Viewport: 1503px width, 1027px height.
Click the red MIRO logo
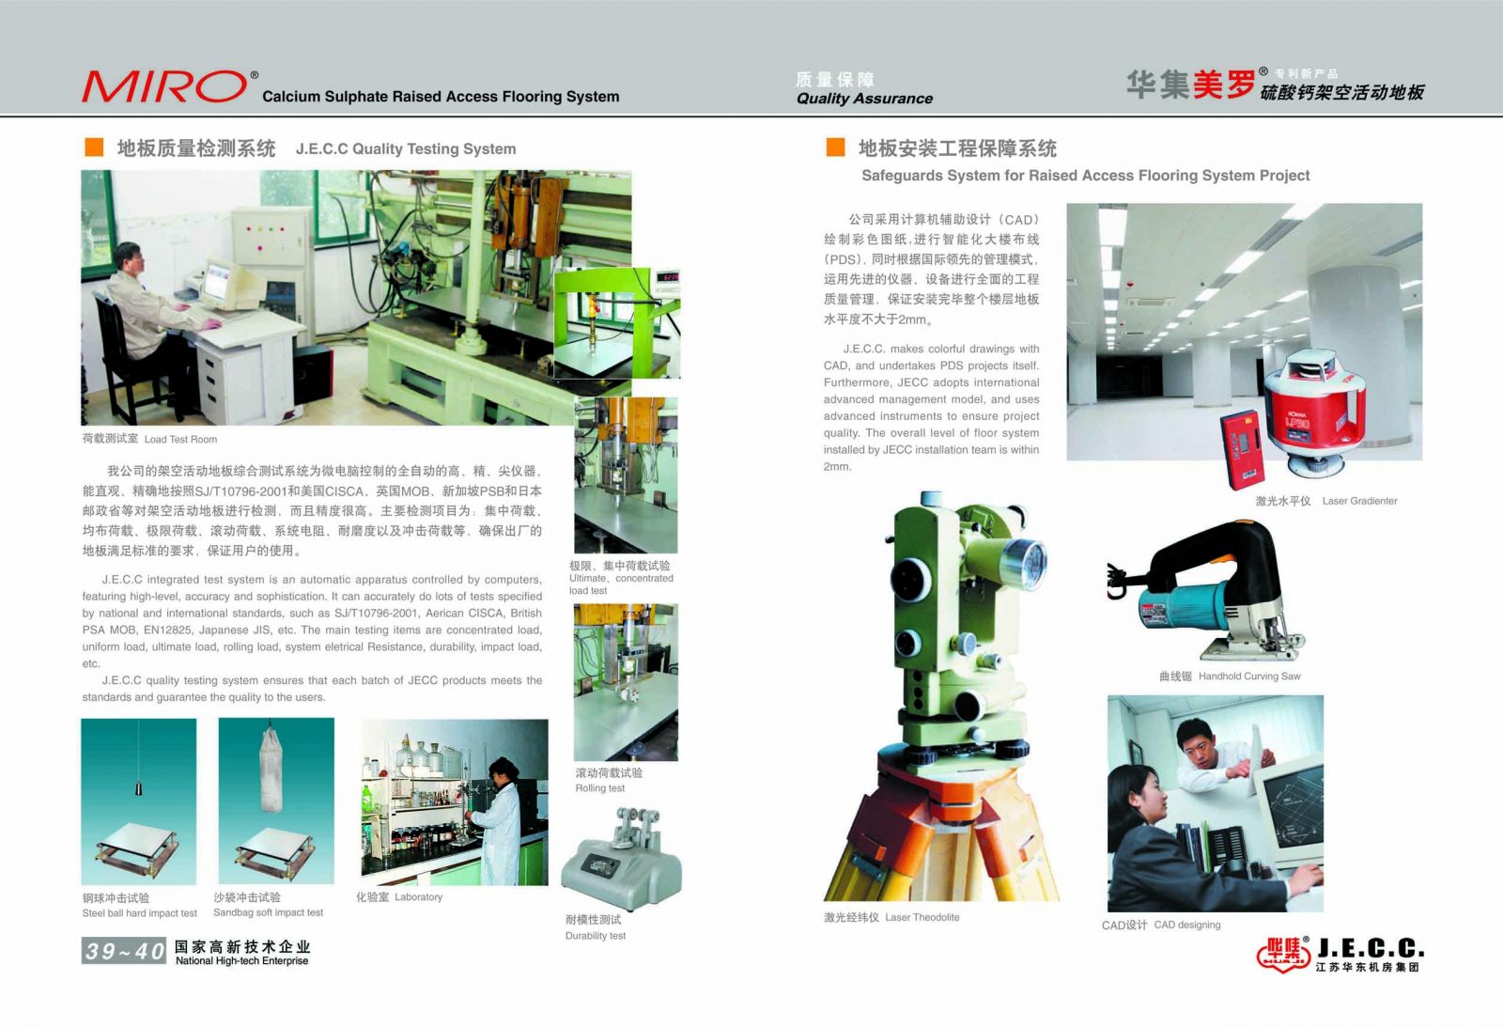tap(165, 86)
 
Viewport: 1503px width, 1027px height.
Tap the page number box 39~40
tap(123, 951)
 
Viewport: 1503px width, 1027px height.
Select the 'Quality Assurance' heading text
tap(864, 99)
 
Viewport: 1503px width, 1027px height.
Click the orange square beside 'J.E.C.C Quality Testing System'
tap(94, 147)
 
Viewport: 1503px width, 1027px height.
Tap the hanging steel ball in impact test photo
tap(138, 788)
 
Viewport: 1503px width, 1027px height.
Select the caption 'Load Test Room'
tap(180, 440)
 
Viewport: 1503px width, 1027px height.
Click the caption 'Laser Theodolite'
tap(922, 918)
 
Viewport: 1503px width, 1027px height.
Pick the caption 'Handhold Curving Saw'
tap(1249, 676)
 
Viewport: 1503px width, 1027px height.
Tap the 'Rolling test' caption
tap(600, 788)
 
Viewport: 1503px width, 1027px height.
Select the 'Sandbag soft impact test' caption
tap(268, 913)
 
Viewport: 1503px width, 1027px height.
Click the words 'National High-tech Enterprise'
tap(241, 960)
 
